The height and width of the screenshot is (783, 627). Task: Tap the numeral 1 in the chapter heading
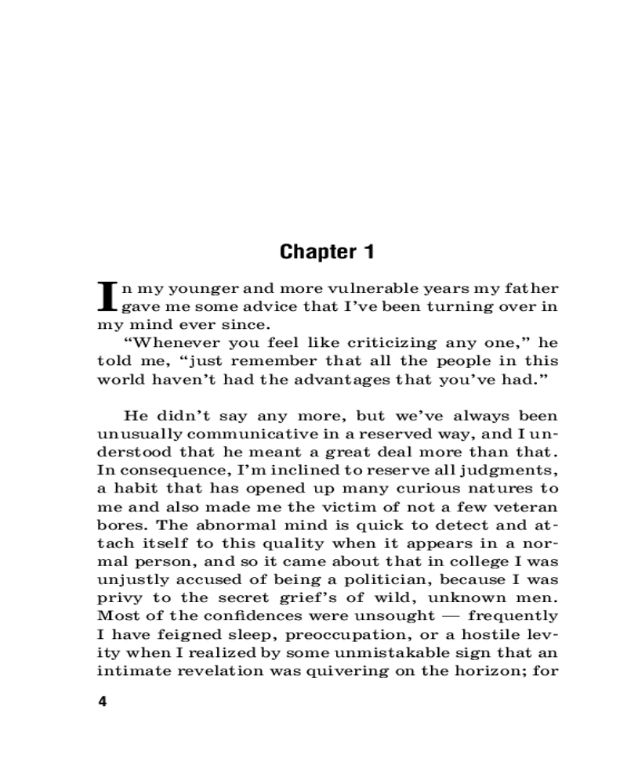tap(368, 252)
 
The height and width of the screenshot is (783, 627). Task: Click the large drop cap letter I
tap(107, 297)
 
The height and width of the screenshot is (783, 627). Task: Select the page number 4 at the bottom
tap(101, 701)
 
